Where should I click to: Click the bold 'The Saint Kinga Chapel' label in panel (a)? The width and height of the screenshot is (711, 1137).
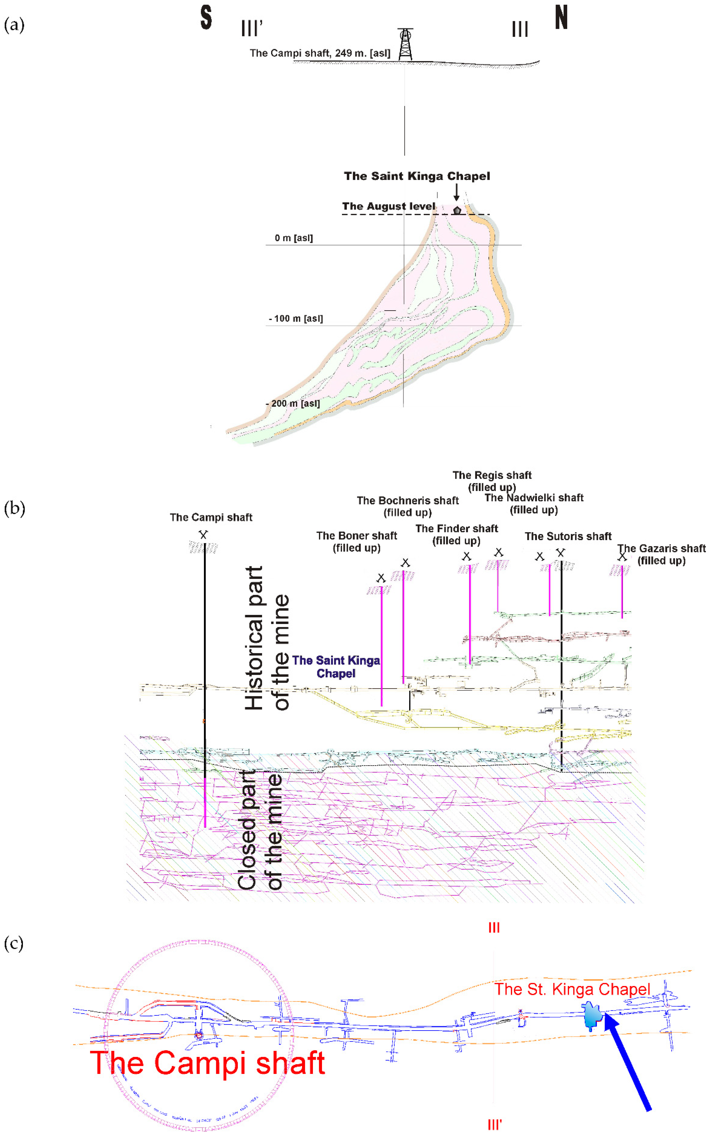[417, 176]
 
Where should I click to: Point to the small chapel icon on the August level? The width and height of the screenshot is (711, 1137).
[457, 210]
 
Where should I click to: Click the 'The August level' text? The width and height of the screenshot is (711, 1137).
[388, 206]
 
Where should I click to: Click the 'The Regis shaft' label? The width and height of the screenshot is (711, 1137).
[492, 475]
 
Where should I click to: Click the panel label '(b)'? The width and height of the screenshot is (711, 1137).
[14, 508]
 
